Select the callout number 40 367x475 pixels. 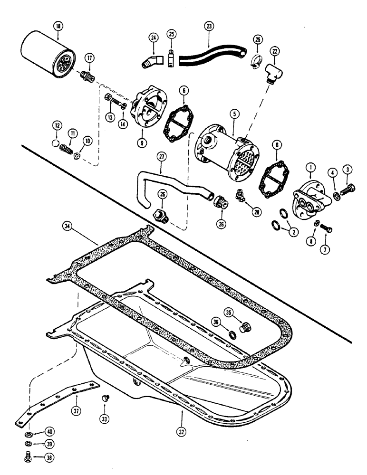point(49,431)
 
